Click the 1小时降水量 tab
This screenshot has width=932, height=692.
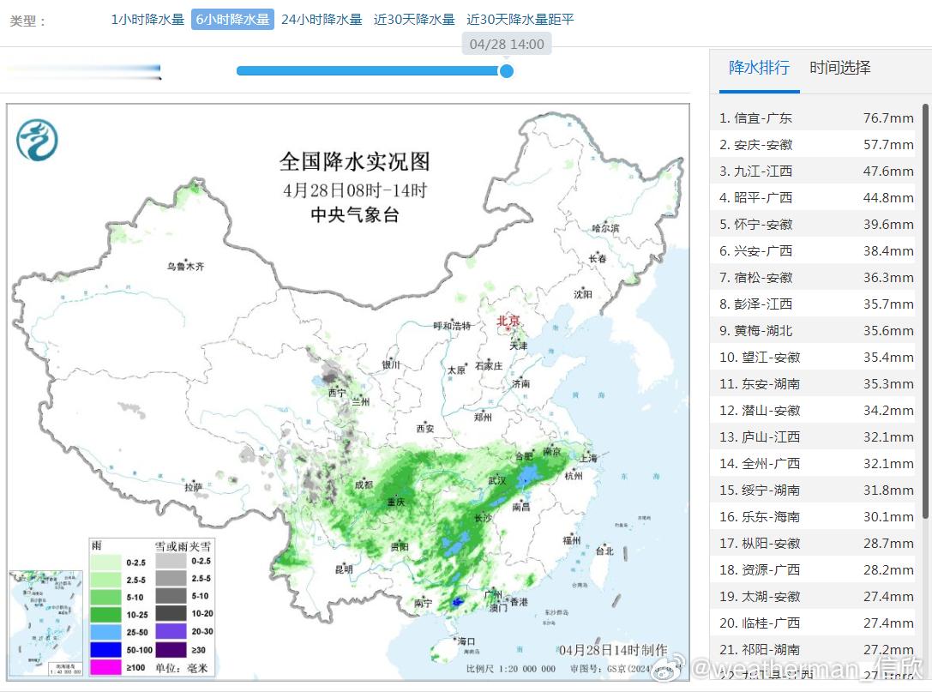[147, 19]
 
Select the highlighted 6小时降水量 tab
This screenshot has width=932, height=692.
[232, 19]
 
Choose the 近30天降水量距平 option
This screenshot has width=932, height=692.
[520, 19]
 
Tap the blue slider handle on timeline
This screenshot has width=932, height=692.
[506, 70]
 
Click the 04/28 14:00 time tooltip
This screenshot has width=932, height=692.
[507, 44]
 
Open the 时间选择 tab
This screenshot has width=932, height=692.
[839, 68]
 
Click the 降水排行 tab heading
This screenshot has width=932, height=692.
[759, 68]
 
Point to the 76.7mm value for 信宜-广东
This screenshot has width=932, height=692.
[888, 118]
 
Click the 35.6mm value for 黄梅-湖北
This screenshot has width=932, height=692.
[888, 331]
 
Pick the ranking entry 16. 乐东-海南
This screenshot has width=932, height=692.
[760, 517]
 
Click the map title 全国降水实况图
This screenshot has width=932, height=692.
[354, 161]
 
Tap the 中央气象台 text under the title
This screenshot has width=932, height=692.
[354, 216]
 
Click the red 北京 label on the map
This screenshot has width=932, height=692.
[508, 322]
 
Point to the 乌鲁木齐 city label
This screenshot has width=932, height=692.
[186, 267]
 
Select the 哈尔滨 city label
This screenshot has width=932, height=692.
[605, 228]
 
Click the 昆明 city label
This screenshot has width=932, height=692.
[344, 569]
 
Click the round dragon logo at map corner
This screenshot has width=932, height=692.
[37, 140]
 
